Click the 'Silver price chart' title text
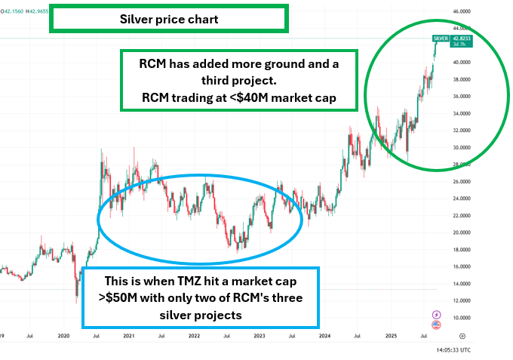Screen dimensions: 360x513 [169, 20]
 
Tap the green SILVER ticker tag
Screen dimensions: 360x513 [441, 38]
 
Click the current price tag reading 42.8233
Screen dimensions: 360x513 [461, 38]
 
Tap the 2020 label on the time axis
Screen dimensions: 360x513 [64, 335]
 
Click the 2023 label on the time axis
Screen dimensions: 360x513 [259, 335]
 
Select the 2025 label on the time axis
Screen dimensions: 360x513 [390, 335]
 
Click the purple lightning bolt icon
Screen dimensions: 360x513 [437, 314]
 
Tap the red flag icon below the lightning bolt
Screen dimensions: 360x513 [437, 325]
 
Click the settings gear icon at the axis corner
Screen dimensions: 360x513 [462, 335]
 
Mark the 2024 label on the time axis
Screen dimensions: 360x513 [325, 335]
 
